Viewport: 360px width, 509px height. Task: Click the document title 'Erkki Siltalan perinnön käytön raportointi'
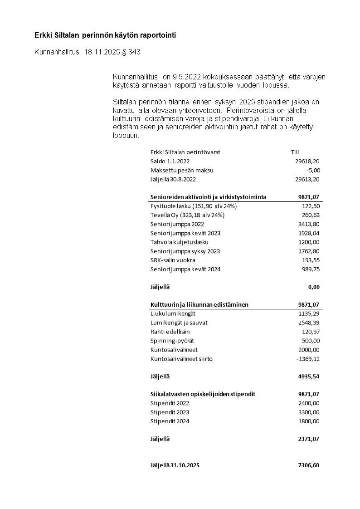(105, 35)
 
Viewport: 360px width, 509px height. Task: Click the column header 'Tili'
(295, 152)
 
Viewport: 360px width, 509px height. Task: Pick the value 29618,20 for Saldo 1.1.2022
(307, 162)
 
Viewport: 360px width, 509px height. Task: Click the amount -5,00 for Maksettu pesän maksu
(313, 171)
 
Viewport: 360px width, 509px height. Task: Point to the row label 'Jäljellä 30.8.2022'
(173, 180)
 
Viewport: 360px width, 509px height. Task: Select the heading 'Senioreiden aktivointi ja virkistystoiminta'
(208, 197)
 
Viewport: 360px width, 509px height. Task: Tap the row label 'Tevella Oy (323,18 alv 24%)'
(187, 215)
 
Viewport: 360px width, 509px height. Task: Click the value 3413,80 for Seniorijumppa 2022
(309, 224)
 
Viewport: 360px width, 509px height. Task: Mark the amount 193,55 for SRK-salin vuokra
(311, 260)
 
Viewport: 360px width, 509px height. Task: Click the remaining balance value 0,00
(313, 287)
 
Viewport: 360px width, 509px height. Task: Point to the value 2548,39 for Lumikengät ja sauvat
(309, 323)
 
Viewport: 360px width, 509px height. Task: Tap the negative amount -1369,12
(308, 359)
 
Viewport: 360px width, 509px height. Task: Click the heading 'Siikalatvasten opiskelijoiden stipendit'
(203, 394)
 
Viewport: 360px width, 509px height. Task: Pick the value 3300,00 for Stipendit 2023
(309, 412)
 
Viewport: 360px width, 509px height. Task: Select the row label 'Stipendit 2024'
(170, 421)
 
